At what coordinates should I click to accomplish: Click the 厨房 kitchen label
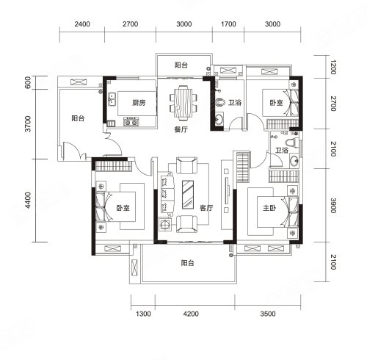[139, 103]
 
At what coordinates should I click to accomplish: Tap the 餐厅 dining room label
[181, 129]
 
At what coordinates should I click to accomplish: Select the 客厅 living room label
[206, 208]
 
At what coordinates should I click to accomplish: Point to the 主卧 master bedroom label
[269, 208]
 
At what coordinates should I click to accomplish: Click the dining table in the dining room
[183, 103]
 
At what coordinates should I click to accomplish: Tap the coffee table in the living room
[188, 195]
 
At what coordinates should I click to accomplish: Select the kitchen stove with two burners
[131, 122]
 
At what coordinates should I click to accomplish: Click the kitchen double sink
[112, 99]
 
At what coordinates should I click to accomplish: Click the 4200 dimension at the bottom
[191, 314]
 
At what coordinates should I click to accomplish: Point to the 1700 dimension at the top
[228, 24]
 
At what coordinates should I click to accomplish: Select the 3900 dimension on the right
[333, 206]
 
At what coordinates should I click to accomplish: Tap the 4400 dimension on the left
[29, 200]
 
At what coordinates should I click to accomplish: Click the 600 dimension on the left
[28, 82]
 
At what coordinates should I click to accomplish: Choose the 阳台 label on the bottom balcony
[187, 263]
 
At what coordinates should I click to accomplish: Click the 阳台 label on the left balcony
[78, 118]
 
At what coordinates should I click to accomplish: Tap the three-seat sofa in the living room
[167, 194]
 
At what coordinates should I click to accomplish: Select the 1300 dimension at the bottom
[143, 314]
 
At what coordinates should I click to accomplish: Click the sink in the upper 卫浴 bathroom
[219, 120]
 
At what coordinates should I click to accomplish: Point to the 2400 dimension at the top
[82, 24]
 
